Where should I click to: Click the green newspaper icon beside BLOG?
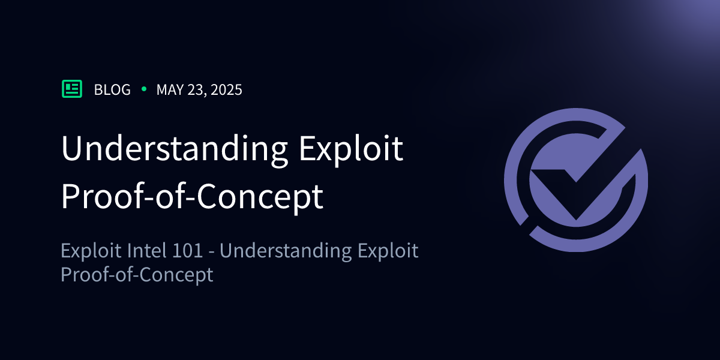pos(72,89)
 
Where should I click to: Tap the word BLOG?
pos(112,90)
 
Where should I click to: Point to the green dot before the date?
pos(143,89)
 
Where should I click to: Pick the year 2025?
pos(227,90)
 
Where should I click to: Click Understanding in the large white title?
pos(174,150)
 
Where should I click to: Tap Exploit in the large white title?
pos(350,150)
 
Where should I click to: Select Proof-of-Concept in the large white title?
pos(192,197)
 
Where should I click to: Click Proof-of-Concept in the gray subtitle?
pos(137,275)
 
